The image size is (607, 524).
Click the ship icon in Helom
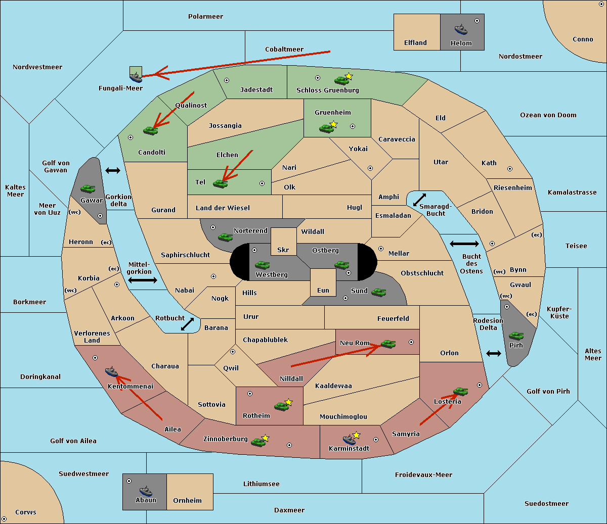(461, 30)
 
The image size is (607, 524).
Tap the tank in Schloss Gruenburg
(341, 80)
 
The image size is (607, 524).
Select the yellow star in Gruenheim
(334, 124)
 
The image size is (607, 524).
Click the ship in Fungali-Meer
(136, 77)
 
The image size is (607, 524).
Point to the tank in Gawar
(88, 188)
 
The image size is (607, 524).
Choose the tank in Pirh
(516, 336)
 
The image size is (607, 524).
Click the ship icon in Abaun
(146, 491)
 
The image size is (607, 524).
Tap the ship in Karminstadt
(349, 439)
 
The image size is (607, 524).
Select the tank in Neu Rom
(388, 344)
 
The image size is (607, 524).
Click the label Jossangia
(225, 126)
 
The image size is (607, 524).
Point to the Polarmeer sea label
(205, 17)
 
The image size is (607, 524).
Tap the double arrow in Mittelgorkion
(143, 280)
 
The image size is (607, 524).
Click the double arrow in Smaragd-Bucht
(419, 200)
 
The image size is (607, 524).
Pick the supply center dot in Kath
(510, 169)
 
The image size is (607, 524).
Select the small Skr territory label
(283, 250)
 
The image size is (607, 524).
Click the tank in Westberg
(262, 265)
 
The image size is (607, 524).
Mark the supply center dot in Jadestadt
(227, 80)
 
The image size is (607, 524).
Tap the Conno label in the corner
(583, 39)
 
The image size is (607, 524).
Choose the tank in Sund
(378, 292)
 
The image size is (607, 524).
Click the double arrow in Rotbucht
(187, 324)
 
